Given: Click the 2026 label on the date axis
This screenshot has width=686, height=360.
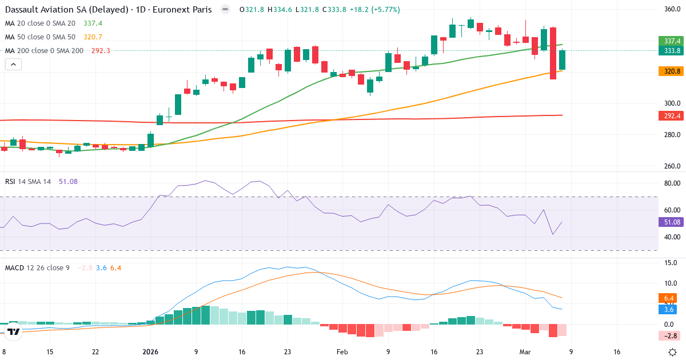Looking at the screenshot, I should tap(150, 352).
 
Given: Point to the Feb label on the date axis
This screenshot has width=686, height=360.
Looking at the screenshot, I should tap(342, 352).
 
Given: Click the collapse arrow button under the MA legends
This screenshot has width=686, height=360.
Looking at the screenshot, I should tap(13, 65).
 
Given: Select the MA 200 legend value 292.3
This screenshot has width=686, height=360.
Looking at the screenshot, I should tap(101, 50).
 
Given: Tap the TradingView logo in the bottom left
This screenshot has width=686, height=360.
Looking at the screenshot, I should tap(14, 331).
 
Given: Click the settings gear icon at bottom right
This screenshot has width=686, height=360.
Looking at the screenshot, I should tap(673, 352).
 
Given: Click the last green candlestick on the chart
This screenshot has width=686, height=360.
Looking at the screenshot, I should tap(562, 60).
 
